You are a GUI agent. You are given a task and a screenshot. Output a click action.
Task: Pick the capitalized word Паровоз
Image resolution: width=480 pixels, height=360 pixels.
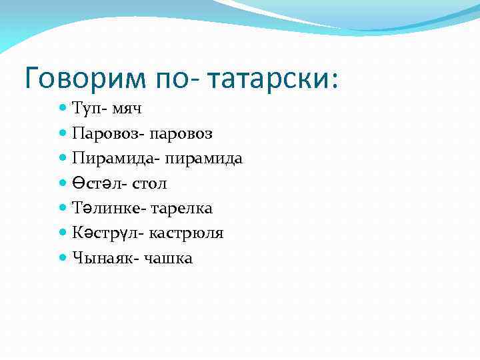click(103, 134)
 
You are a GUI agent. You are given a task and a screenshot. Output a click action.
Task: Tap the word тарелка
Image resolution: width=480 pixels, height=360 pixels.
click(182, 208)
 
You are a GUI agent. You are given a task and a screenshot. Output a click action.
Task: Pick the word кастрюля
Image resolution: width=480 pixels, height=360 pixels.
click(187, 233)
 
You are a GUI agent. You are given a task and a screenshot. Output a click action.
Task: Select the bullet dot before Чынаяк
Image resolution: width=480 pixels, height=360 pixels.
click(63, 257)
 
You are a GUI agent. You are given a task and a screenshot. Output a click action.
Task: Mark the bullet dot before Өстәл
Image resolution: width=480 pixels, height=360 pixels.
click(63, 183)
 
